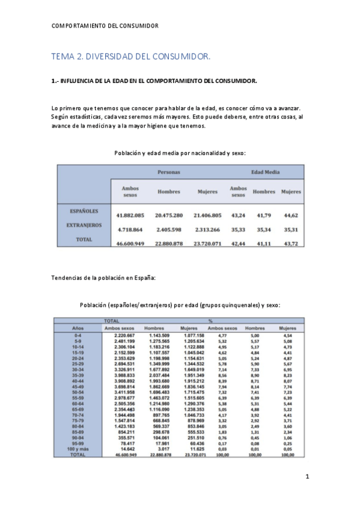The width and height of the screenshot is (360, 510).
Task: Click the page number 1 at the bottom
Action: pos(307,476)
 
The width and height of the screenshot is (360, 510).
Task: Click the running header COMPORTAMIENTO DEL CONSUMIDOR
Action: pos(105,26)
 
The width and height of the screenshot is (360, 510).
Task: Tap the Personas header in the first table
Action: pos(169,172)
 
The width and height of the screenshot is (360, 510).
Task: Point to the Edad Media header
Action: pos(265,172)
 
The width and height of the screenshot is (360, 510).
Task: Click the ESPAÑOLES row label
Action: pos(80,211)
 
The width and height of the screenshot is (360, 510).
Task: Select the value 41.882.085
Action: pos(130,215)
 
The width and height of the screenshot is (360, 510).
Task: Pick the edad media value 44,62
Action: pos(291,215)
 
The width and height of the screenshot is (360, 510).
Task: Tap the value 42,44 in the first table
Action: pos(239,243)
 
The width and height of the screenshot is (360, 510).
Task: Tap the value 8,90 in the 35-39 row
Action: pos(255,375)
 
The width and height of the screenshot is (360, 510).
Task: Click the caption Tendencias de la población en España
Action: pos(104,278)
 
